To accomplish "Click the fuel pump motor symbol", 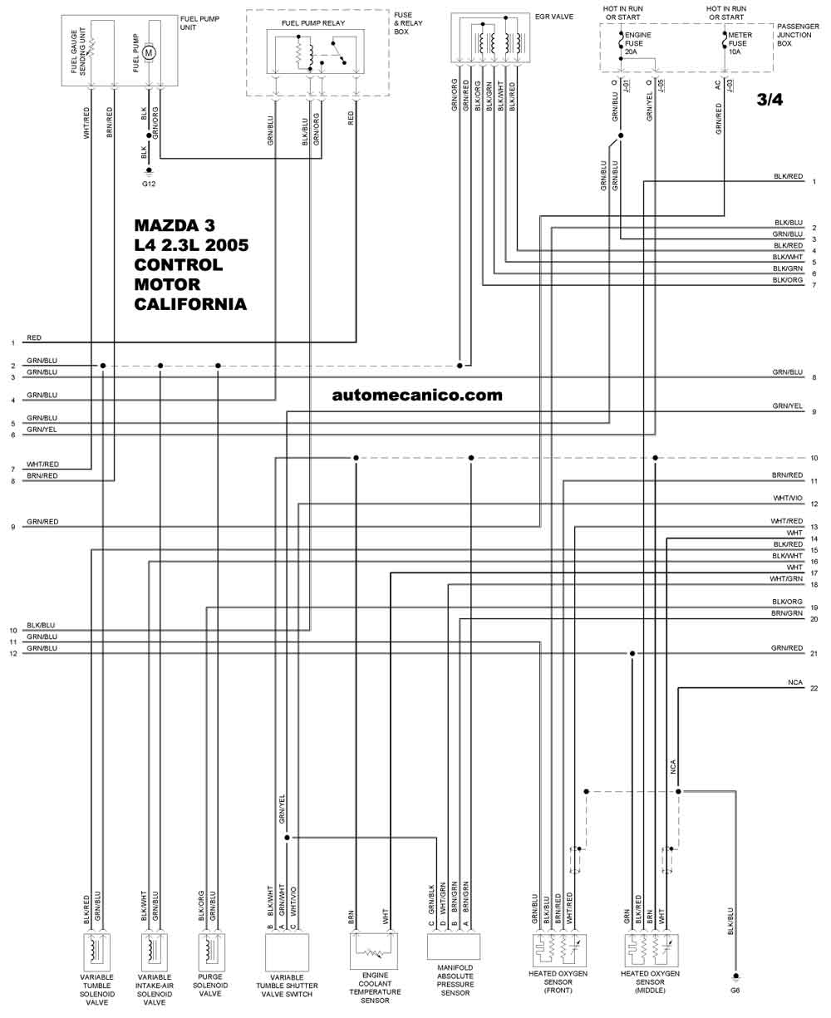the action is (149, 52).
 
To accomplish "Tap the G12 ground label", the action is (149, 184).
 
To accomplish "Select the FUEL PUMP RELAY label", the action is (313, 23).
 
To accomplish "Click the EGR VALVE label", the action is (554, 17).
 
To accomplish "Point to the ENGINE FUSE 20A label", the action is (637, 43).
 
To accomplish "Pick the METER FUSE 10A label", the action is (740, 43).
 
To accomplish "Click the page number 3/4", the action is (770, 100).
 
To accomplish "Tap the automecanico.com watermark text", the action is (417, 396).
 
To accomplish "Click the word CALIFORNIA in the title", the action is (190, 304).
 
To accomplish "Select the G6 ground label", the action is (735, 991).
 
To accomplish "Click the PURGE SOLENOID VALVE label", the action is (210, 986).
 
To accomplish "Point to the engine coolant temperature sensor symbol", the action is (373, 952).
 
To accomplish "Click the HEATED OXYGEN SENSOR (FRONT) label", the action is (558, 981).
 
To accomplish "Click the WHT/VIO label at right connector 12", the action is (788, 498).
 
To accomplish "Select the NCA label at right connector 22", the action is (794, 682).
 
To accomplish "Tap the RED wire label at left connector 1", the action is (34, 338).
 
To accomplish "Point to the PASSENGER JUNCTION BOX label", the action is (798, 35).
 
